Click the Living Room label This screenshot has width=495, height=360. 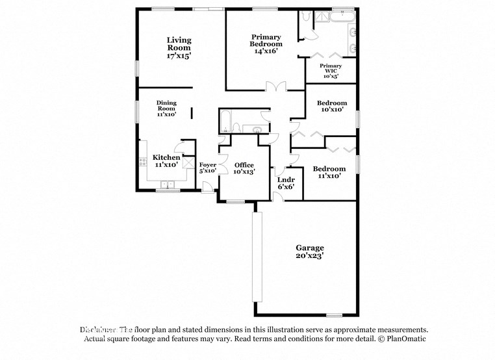click(x=179, y=48)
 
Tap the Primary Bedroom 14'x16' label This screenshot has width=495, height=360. click(x=266, y=44)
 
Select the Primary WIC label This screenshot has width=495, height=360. click(x=331, y=70)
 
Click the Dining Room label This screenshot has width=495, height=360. click(x=166, y=108)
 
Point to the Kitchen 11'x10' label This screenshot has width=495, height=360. click(x=166, y=161)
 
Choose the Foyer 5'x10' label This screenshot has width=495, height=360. click(x=207, y=168)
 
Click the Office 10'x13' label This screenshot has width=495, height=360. click(x=244, y=168)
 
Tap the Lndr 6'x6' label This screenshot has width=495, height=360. click(x=286, y=183)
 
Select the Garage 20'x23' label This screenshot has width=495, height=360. click(x=310, y=252)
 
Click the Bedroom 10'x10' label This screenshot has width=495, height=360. click(x=331, y=107)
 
